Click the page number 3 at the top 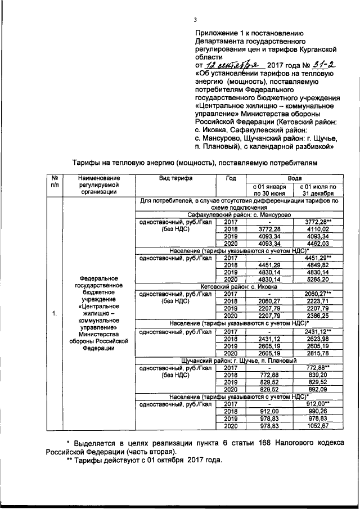coord(195,21)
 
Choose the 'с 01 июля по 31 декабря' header coord(318,189)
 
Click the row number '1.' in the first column coord(55,313)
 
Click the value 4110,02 coord(318,229)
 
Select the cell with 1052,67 coord(318,426)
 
